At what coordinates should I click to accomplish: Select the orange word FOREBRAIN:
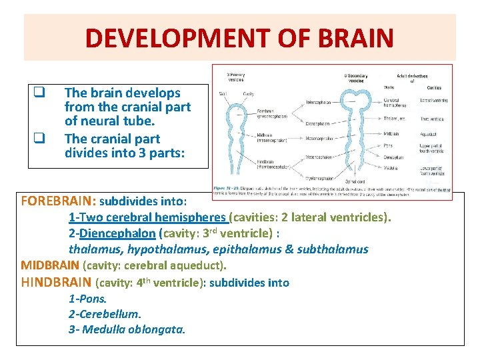(59, 200)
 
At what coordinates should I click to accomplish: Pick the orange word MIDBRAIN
(49, 266)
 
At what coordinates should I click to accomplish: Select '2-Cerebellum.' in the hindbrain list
(105, 313)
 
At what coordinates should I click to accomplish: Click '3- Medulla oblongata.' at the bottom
(127, 329)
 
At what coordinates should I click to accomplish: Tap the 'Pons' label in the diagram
(388, 144)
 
